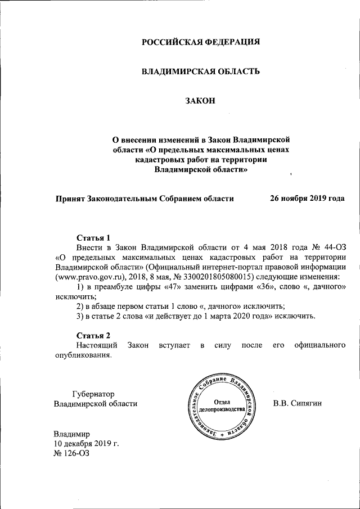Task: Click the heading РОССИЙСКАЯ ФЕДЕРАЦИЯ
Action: pos(200,42)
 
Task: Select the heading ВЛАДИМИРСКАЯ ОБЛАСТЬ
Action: pos(200,71)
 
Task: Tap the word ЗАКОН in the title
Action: pos(200,101)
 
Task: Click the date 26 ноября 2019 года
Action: pos(307,199)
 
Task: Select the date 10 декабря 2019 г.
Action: pos(86,444)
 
